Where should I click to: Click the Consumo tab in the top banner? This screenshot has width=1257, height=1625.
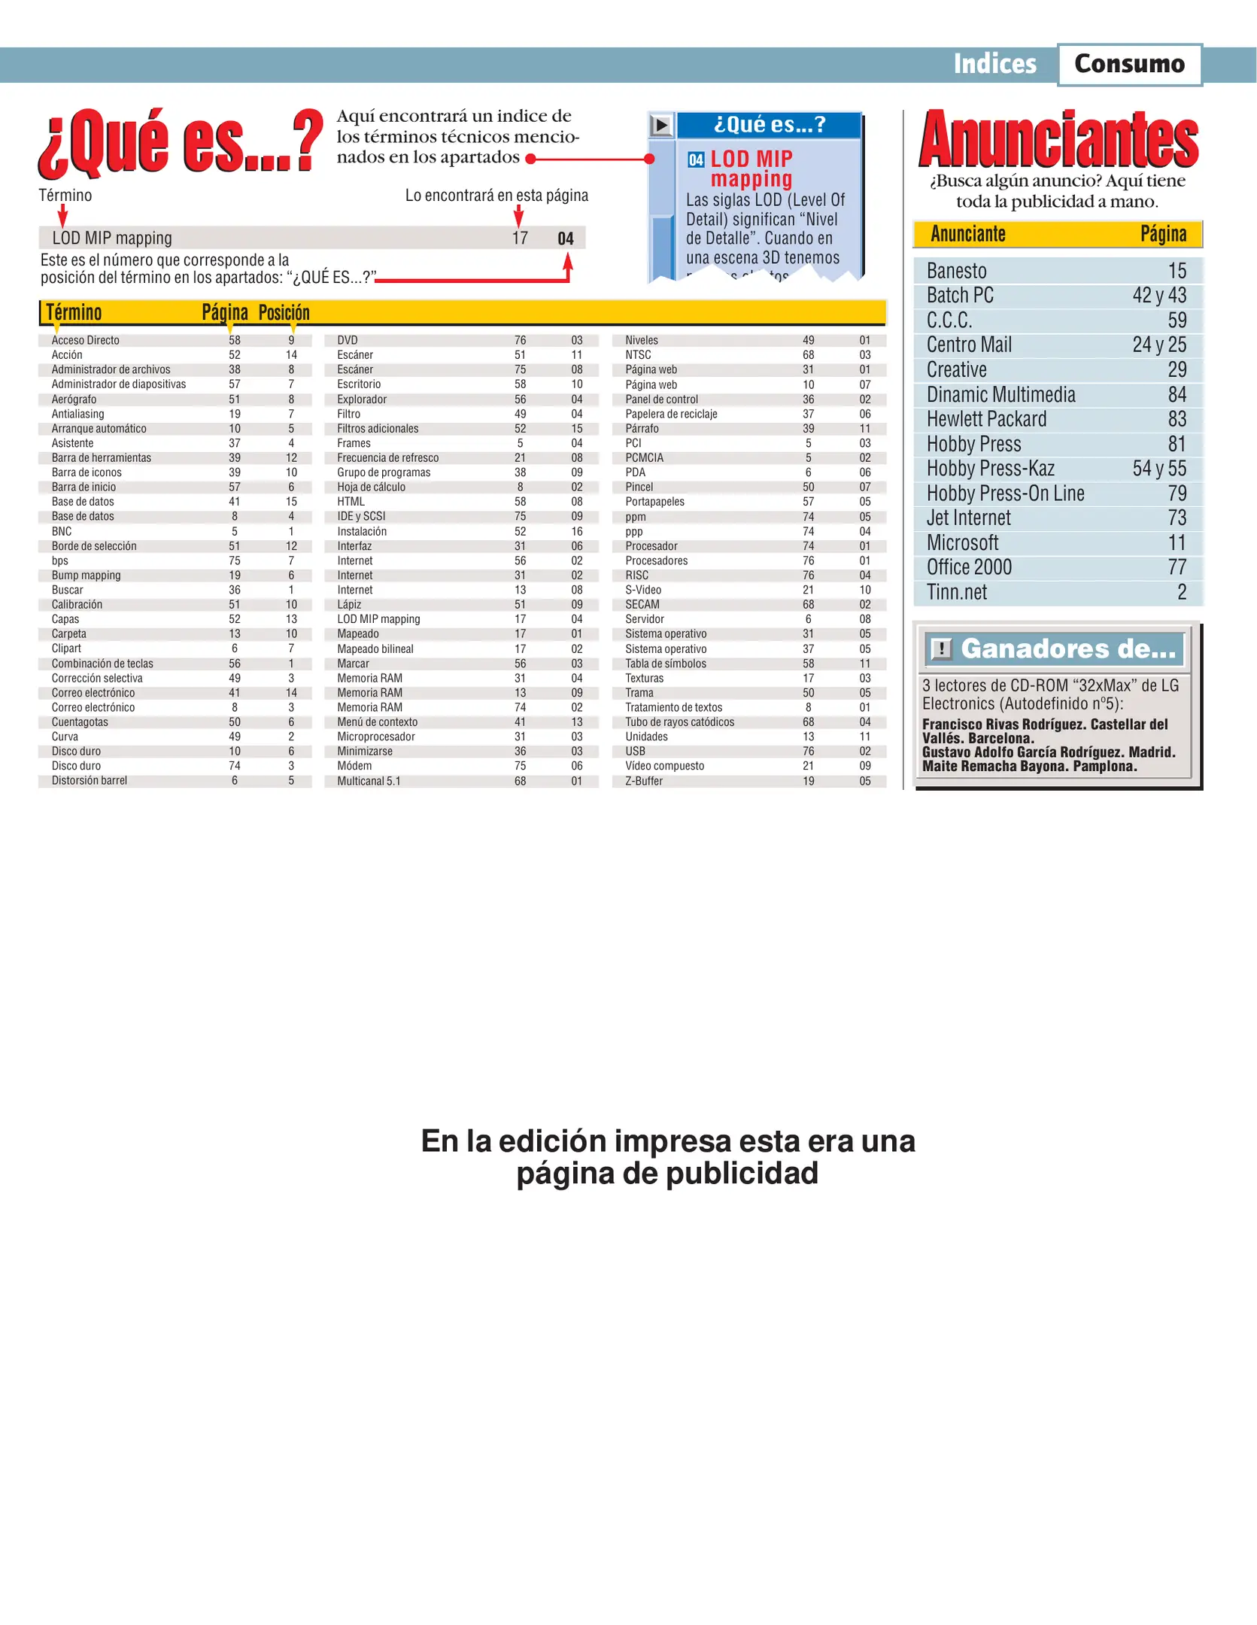pyautogui.click(x=1128, y=64)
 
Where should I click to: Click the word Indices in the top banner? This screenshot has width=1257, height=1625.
pyautogui.click(x=994, y=64)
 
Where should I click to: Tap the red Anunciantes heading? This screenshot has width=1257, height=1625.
pyautogui.click(x=1058, y=140)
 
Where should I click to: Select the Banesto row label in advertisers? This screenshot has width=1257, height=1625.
pyautogui.click(x=956, y=271)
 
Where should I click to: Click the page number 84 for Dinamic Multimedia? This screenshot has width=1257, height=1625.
pyautogui.click(x=1177, y=394)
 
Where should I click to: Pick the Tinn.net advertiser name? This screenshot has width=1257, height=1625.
pyautogui.click(x=956, y=592)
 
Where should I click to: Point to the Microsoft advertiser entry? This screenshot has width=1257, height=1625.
pyautogui.click(x=962, y=542)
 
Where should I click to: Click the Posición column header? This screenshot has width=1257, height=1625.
pyautogui.click(x=284, y=312)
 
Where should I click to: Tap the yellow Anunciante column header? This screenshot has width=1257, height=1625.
pyautogui.click(x=967, y=234)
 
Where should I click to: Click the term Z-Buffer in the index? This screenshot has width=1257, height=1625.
pyautogui.click(x=644, y=781)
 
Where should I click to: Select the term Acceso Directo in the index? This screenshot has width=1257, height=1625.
pyautogui.click(x=85, y=340)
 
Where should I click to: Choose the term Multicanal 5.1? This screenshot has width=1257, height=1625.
pyautogui.click(x=369, y=781)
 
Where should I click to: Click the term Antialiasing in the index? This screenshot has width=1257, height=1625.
pyautogui.click(x=77, y=414)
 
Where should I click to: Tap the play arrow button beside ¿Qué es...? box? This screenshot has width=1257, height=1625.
pyautogui.click(x=660, y=125)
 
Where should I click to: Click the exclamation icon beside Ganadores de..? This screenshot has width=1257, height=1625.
pyautogui.click(x=940, y=648)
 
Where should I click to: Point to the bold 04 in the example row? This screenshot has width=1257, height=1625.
pyautogui.click(x=565, y=238)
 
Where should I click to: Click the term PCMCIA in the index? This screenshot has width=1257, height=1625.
pyautogui.click(x=644, y=457)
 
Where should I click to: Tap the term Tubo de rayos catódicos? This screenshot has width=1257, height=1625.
pyautogui.click(x=679, y=721)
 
